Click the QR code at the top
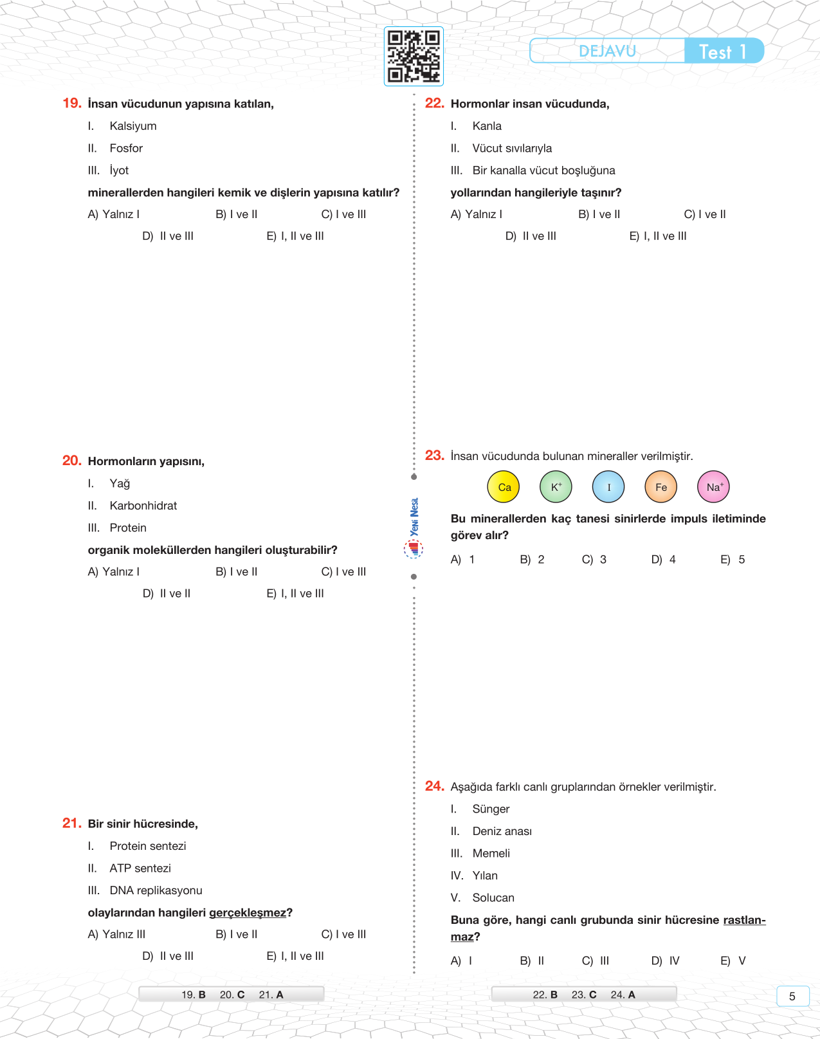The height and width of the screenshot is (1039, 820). pyautogui.click(x=414, y=57)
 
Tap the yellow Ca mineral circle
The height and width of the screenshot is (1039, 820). pyautogui.click(x=504, y=487)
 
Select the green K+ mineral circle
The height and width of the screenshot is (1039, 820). pyautogui.click(x=556, y=487)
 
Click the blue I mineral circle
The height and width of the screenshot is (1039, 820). pyautogui.click(x=608, y=487)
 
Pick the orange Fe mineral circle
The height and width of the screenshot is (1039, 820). pyautogui.click(x=661, y=487)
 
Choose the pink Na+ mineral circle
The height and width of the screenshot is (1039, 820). pyautogui.click(x=714, y=487)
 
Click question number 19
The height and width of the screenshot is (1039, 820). pyautogui.click(x=71, y=104)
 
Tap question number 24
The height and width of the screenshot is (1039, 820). pyautogui.click(x=434, y=786)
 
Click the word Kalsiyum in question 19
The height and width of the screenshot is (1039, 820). pyautogui.click(x=132, y=126)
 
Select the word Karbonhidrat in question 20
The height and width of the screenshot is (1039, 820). pyautogui.click(x=143, y=506)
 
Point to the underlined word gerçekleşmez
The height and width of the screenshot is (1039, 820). pyautogui.click(x=248, y=913)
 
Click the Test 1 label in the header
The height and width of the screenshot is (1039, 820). pyautogui.click(x=722, y=51)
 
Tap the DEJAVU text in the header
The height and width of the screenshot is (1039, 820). pyautogui.click(x=607, y=51)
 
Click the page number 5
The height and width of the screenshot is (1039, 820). pyautogui.click(x=792, y=996)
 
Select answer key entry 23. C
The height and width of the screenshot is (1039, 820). pyautogui.click(x=584, y=995)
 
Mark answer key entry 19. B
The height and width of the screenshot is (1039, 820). pyautogui.click(x=193, y=995)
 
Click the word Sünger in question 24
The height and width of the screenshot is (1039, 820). pyautogui.click(x=491, y=809)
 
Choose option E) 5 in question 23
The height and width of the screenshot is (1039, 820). pyautogui.click(x=733, y=560)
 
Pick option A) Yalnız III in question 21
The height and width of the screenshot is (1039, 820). pyautogui.click(x=116, y=934)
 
